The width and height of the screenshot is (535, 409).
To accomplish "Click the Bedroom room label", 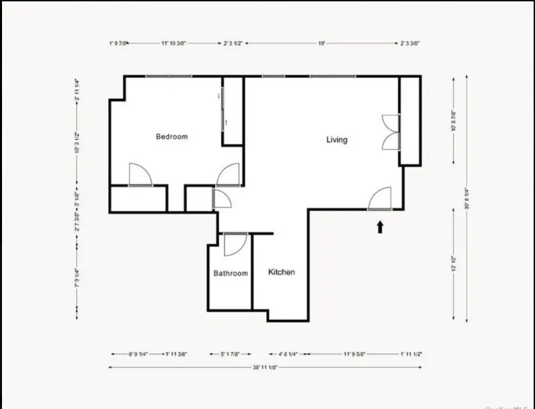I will tap(172, 137).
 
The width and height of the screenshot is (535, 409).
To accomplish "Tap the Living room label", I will tap(336, 140).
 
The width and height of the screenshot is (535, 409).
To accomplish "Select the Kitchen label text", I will tap(282, 272).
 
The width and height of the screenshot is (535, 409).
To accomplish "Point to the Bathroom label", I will tap(230, 273).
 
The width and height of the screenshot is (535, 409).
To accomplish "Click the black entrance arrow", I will tap(380, 226).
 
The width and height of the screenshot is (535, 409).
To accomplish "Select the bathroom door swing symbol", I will tap(234, 244).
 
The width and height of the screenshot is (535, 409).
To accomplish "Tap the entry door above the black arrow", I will tap(380, 199).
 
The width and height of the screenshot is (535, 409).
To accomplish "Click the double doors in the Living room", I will tap(390, 132).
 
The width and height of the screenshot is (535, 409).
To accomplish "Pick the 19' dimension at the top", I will tap(322, 43).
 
